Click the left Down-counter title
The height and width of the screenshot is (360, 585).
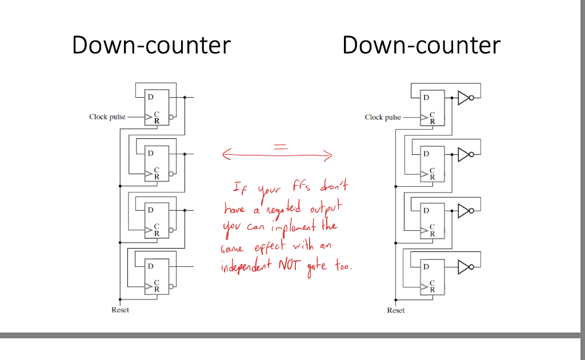(x=151, y=45)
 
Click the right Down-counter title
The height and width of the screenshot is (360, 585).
(x=422, y=45)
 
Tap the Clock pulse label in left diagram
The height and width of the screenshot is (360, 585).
(x=107, y=117)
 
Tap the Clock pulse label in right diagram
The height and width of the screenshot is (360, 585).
(x=383, y=117)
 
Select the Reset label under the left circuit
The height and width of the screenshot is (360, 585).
(x=120, y=310)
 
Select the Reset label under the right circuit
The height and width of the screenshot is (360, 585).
(x=395, y=310)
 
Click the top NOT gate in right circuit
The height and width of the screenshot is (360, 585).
(x=465, y=98)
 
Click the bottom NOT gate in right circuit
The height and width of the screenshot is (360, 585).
(x=465, y=266)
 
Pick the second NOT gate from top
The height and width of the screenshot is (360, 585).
(x=465, y=154)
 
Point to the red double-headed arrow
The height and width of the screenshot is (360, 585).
(x=277, y=154)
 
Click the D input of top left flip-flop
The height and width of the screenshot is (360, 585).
(x=150, y=97)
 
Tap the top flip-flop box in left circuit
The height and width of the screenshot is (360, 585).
(x=157, y=107)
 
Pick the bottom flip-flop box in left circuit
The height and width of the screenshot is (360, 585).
(x=157, y=276)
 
